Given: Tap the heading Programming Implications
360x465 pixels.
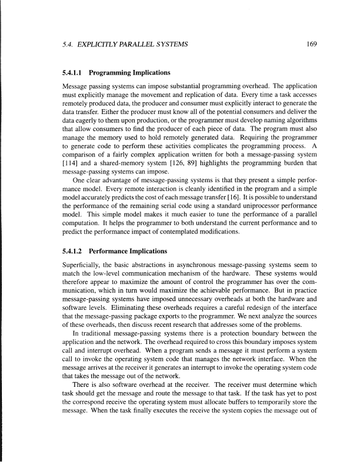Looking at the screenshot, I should point(131,73).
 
